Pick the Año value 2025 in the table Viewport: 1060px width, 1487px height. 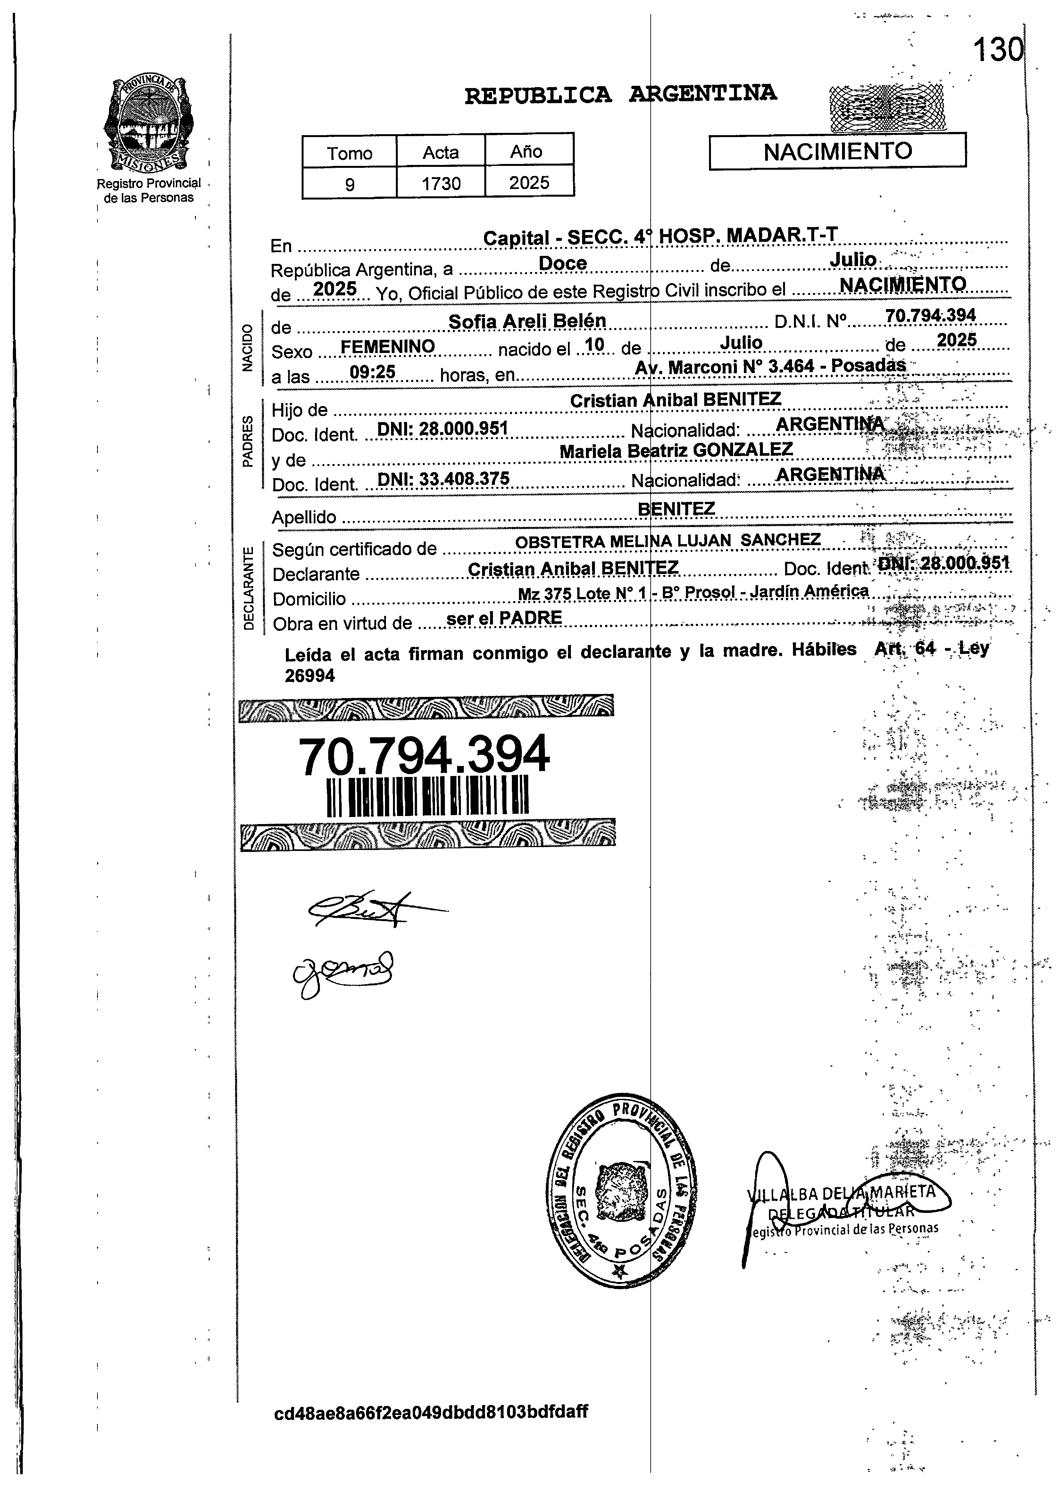(x=529, y=183)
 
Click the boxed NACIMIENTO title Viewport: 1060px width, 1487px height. (x=838, y=151)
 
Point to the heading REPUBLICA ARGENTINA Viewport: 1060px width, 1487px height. (x=620, y=94)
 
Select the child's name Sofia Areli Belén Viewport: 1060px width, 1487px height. (x=527, y=321)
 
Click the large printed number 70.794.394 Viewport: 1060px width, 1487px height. (x=424, y=755)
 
